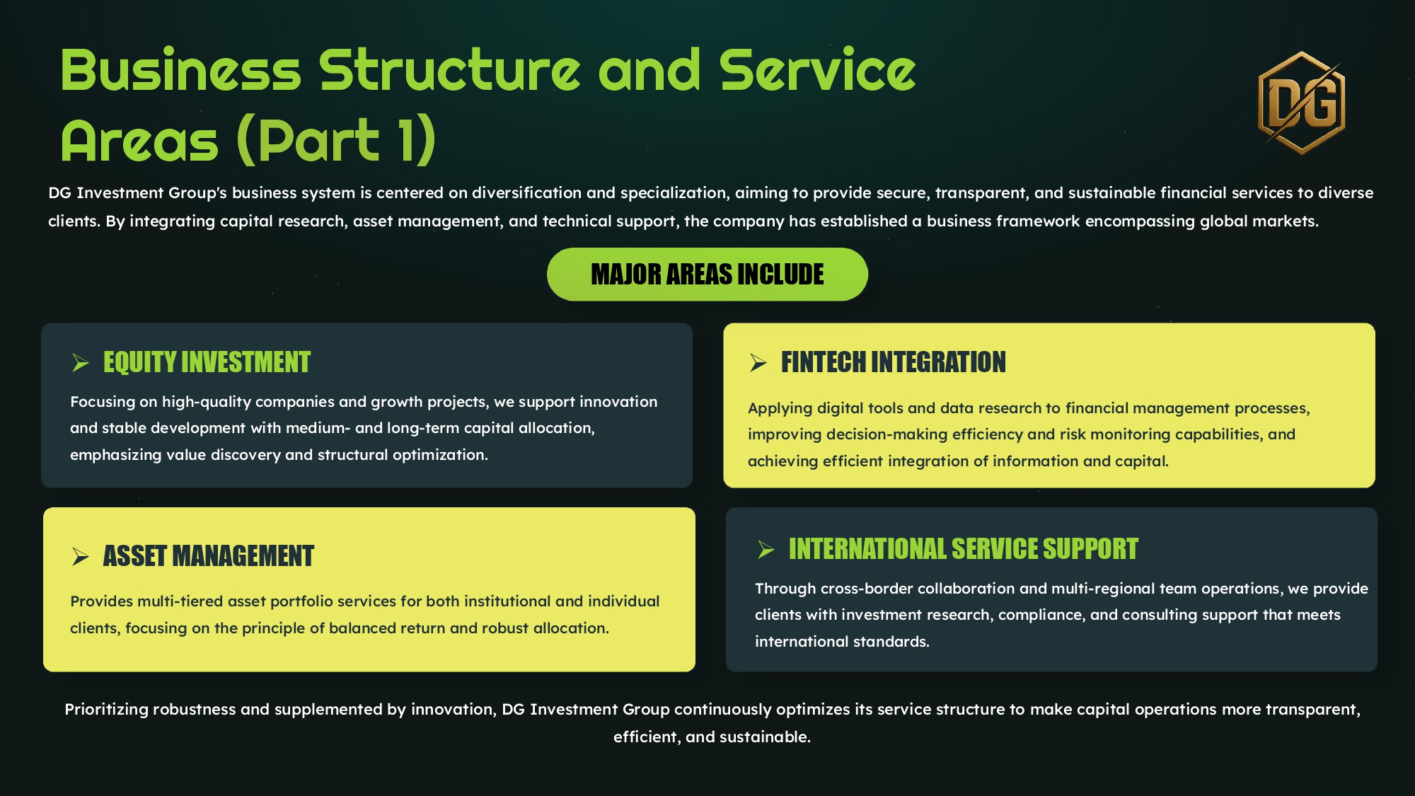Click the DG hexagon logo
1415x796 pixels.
pos(1301,103)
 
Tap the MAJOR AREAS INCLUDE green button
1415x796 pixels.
pos(707,275)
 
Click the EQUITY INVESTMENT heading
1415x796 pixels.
pos(207,362)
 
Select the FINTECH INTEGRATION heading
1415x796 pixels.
pos(893,362)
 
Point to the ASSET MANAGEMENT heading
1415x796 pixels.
pos(208,556)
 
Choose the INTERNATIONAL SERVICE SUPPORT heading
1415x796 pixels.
pos(963,549)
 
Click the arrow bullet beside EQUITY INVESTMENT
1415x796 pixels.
pos(80,363)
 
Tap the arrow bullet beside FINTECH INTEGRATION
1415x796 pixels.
pos(758,363)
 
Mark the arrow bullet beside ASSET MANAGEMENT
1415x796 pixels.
pos(80,557)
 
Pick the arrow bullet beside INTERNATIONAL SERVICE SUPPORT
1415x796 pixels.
pos(766,550)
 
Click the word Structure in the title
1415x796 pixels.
pos(449,71)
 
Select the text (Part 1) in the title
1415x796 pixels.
pos(336,140)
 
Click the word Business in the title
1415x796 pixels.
pos(181,71)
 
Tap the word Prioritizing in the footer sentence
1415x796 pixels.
pos(106,710)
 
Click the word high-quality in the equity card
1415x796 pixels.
pos(206,402)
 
